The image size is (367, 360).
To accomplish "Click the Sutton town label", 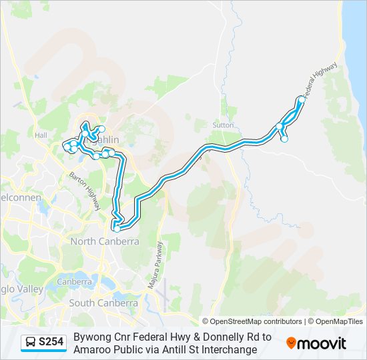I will point(223,125).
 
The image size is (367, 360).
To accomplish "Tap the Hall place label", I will point(42,135).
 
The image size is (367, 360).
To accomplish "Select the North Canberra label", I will point(105,241).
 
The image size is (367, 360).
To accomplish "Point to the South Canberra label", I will point(104,303).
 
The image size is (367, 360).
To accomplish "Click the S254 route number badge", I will point(51,343).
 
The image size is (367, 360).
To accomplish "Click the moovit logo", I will point(316,343).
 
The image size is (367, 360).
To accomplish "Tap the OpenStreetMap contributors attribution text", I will point(252,321).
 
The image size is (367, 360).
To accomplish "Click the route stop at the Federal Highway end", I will point(302,99).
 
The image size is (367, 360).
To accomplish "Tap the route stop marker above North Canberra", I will point(117,229).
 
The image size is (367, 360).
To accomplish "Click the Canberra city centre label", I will point(74,281).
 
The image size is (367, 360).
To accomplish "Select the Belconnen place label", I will point(20,198).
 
